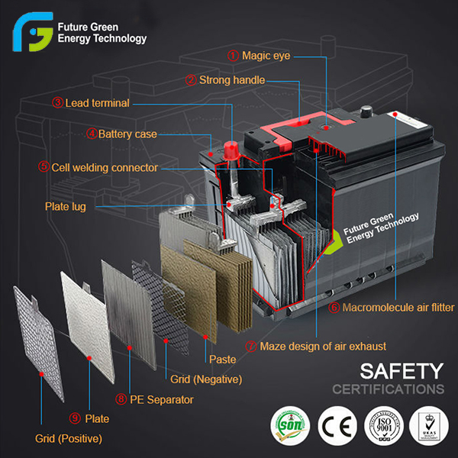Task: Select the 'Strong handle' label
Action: (x=231, y=79)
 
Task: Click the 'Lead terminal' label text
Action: (x=97, y=102)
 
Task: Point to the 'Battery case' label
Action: (x=127, y=134)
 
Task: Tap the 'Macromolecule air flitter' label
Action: (x=398, y=308)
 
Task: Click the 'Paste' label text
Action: (x=222, y=358)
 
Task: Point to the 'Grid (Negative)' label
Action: (x=206, y=379)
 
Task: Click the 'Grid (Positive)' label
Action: (x=68, y=438)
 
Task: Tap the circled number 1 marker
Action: (x=233, y=56)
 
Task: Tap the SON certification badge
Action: (x=289, y=422)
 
